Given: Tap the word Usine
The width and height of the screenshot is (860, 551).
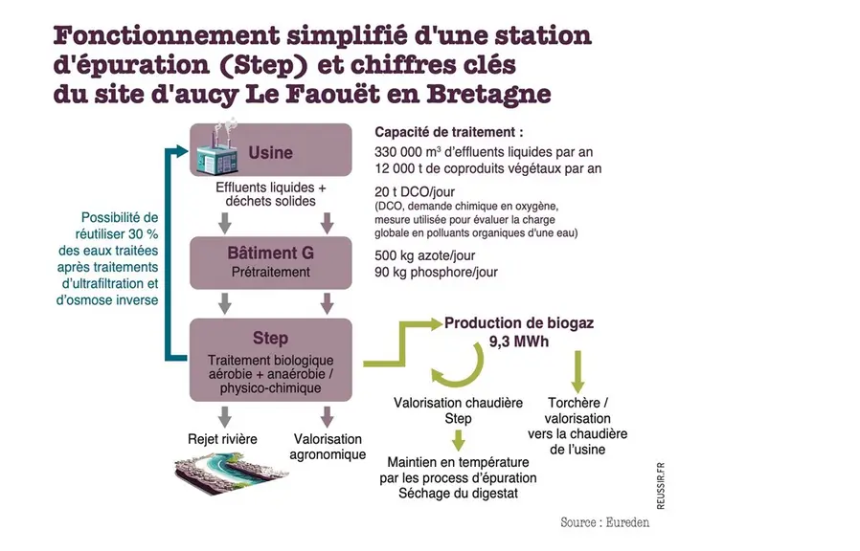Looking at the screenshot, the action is (270, 152).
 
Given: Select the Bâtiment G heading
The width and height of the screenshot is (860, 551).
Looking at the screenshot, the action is (270, 253).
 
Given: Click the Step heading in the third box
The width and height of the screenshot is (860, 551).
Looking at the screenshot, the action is (270, 338).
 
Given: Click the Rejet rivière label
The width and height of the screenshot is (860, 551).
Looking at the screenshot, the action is (222, 439).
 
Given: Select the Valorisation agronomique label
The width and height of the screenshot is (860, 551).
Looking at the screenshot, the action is (328, 447).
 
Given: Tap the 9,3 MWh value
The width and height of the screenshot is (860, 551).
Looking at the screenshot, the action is (519, 342).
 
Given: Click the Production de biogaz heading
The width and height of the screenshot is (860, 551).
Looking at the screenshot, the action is (519, 323).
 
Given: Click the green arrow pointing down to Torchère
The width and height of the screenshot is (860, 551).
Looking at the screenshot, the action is (577, 371).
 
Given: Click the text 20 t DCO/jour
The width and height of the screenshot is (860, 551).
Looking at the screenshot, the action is (415, 191).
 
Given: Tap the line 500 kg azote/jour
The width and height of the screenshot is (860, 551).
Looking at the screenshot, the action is (424, 255).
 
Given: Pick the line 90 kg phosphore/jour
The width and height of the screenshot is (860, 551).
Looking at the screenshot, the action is (436, 273).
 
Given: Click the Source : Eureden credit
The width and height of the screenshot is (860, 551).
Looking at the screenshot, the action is (605, 522).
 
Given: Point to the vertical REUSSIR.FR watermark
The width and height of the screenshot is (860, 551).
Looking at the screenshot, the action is (661, 486).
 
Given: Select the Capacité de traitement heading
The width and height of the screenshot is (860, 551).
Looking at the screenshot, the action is (448, 132).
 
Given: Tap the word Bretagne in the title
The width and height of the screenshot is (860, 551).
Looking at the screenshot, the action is (488, 94).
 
